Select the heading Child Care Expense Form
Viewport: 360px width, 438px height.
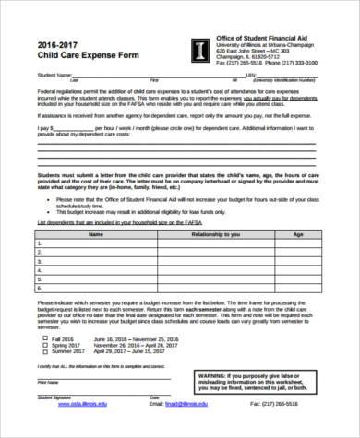click(x=80, y=56)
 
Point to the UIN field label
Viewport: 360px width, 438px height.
click(x=253, y=75)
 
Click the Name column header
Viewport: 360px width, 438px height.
click(x=95, y=234)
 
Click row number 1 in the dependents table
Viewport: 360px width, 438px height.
click(x=42, y=244)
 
